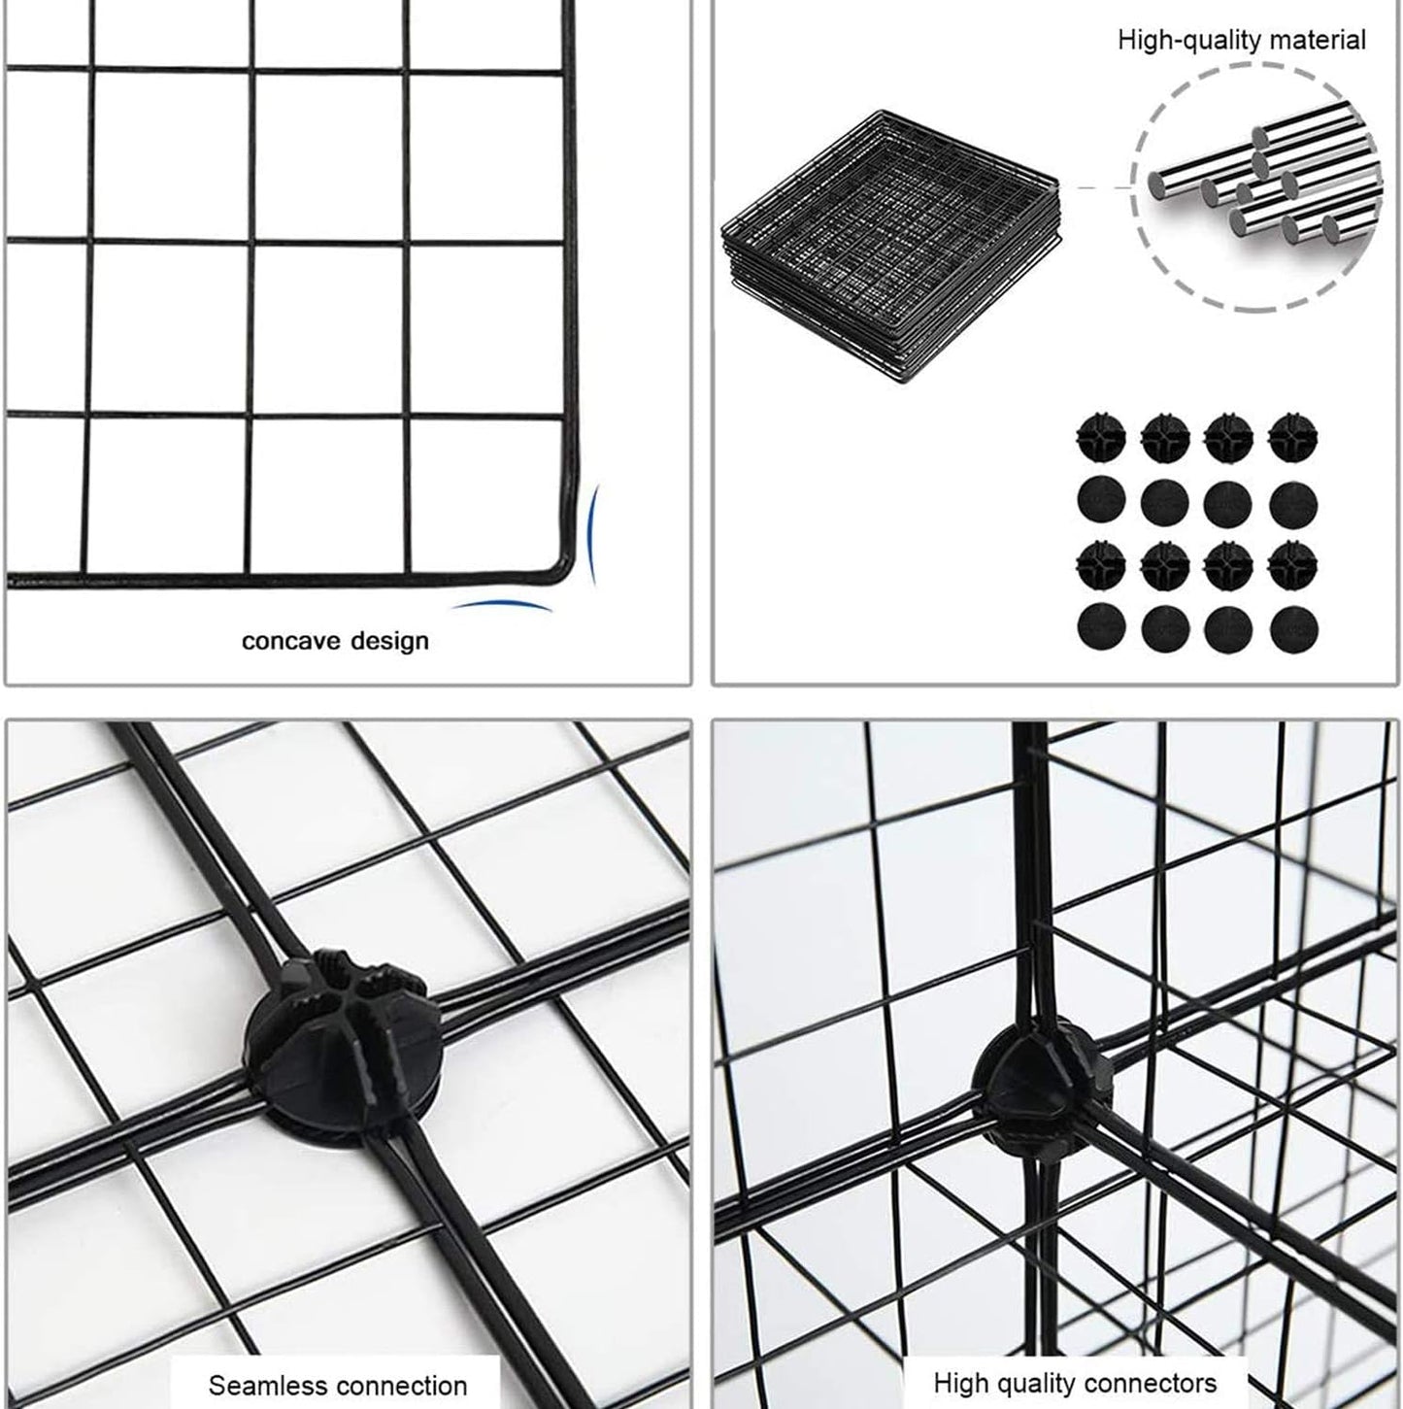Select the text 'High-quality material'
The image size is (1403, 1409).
coord(1241,40)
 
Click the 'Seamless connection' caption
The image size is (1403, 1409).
coord(337,1384)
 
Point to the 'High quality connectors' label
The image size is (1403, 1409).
coord(1074,1382)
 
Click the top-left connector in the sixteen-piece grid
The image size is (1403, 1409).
coord(1100,439)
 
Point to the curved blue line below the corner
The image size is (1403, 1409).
coord(503,606)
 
